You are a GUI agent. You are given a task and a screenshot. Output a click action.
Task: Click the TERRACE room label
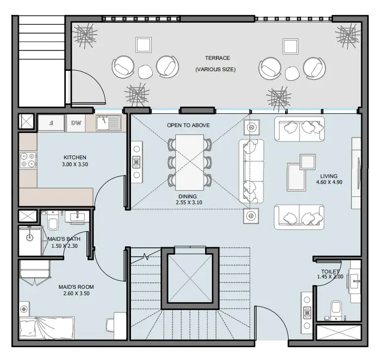tap(217, 58)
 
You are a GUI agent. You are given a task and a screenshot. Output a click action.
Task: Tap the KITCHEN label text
tap(75, 157)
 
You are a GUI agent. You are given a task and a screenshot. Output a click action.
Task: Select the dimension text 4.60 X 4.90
tap(329, 182)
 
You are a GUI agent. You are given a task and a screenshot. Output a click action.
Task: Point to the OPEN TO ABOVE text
tap(188, 125)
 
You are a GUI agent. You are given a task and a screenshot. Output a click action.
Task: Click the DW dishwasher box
tap(76, 123)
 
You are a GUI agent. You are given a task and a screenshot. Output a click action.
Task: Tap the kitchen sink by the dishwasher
tap(109, 123)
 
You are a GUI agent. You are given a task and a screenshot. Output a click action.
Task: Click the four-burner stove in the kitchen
tap(28, 160)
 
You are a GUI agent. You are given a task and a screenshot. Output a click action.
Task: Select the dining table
tap(190, 163)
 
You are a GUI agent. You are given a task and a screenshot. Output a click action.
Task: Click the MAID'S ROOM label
tap(76, 287)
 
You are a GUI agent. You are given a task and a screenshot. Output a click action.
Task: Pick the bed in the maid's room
tap(47, 328)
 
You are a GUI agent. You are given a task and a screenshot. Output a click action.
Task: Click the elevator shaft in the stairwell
tap(190, 278)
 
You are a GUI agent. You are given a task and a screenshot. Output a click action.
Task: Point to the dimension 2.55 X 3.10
tap(189, 202)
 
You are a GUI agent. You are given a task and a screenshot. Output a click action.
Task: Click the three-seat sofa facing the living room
tap(252, 172)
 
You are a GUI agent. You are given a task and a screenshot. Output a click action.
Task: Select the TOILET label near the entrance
tap(330, 271)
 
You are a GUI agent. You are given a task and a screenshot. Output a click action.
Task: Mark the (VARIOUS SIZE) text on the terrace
tap(215, 69)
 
